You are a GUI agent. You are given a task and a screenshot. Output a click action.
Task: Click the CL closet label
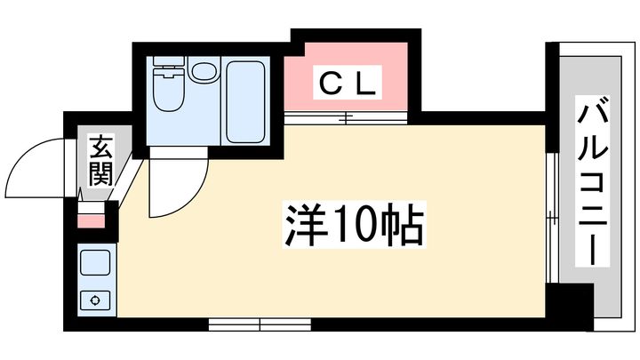point(347,83)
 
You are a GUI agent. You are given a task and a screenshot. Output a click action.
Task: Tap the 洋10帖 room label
point(354,225)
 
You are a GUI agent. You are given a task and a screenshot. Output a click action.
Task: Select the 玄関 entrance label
point(100,161)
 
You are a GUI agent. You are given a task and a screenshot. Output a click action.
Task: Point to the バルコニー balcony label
point(592,181)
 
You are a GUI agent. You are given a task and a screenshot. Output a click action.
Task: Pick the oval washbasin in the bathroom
point(204,70)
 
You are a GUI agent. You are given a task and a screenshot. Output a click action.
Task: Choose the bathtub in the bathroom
point(245,101)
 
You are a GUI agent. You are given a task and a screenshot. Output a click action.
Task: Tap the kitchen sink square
point(95,263)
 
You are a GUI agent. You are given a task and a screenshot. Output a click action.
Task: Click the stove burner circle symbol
point(95,300)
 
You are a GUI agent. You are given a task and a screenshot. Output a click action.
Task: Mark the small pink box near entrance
point(91,221)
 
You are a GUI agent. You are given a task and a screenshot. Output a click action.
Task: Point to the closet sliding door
point(346,118)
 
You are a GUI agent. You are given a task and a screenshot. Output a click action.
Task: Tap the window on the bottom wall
point(260,325)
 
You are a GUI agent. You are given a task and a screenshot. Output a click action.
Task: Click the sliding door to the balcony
point(552,218)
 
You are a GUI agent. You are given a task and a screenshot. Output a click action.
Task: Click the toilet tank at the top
point(168,60)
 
